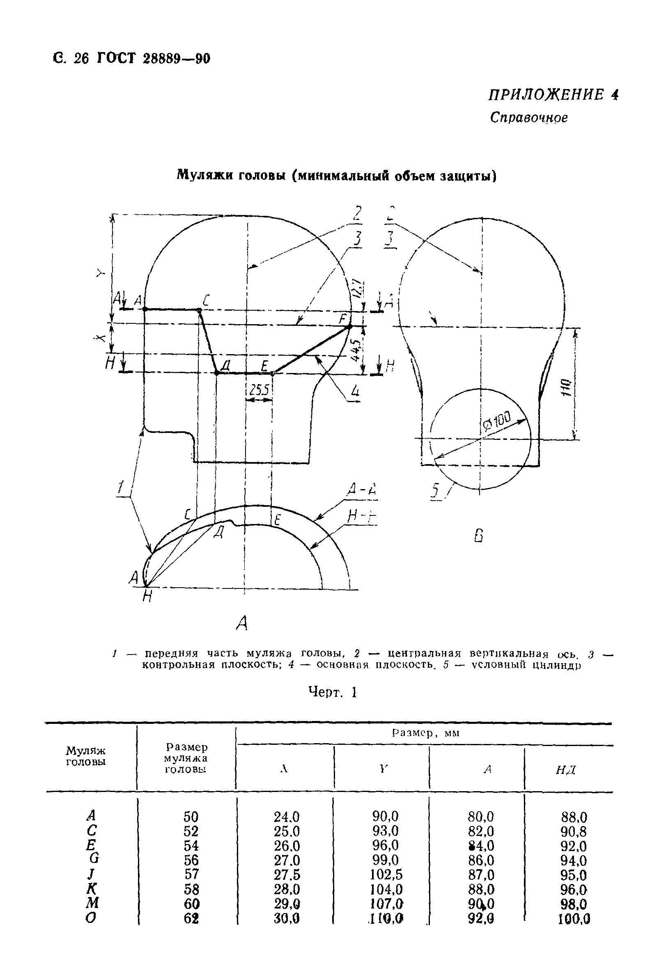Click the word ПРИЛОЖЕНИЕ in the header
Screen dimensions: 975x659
544,95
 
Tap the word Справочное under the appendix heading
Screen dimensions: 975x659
528,117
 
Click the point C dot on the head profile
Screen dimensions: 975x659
200,311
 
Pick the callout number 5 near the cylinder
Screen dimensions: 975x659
435,490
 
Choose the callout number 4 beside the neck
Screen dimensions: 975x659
355,393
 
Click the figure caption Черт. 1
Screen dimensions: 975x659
333,692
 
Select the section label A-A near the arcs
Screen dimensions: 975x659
362,490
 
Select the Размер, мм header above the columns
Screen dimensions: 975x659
426,733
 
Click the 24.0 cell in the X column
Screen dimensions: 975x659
286,817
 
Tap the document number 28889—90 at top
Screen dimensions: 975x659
176,59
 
